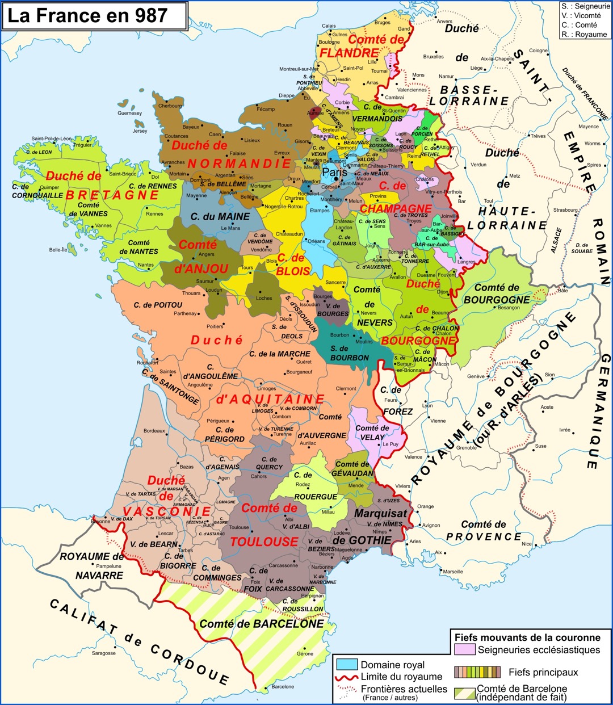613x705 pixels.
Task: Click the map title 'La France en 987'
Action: pos(87,15)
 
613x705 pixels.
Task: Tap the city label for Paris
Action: pos(334,172)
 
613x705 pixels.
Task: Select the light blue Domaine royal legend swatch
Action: pos(346,664)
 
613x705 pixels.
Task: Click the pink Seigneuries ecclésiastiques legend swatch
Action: pos(465,649)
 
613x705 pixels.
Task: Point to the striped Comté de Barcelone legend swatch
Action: pos(465,693)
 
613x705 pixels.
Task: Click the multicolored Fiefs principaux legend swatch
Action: pos(477,673)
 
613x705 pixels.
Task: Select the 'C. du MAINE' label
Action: pos(220,216)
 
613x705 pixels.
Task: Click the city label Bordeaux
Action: pos(154,431)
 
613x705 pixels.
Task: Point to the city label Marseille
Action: pos(453,572)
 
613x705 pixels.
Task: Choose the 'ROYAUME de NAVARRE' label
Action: pos(92,566)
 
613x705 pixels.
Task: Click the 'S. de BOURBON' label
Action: pos(350,353)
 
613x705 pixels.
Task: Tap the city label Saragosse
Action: pos(104,653)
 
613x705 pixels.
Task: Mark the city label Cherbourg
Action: pos(170,106)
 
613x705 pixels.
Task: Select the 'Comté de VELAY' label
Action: pos(372,433)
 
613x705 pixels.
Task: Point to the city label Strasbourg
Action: pos(565,210)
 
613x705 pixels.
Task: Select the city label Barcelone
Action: pos(283,686)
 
